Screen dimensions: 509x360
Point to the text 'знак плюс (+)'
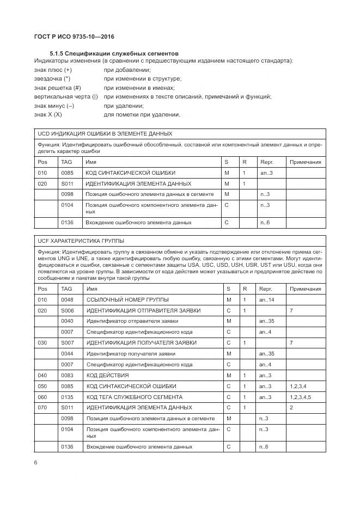click(53, 70)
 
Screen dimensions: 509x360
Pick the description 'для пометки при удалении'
click(142, 114)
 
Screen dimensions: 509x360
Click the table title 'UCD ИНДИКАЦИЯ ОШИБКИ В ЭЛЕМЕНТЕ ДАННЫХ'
click(105, 133)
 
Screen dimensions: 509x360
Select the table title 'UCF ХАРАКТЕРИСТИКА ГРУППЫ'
click(80, 240)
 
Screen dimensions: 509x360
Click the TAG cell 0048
click(67, 300)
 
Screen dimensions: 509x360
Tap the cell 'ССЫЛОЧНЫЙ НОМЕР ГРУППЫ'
click(127, 300)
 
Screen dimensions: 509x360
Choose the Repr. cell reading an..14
click(267, 300)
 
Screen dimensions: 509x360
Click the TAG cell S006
click(67, 310)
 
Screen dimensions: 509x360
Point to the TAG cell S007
click(67, 343)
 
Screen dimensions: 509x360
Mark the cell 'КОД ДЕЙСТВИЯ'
click(107, 376)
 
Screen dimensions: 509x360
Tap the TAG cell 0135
click(67, 397)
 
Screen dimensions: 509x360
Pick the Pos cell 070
click(42, 407)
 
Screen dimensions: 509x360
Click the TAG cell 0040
click(67, 321)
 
